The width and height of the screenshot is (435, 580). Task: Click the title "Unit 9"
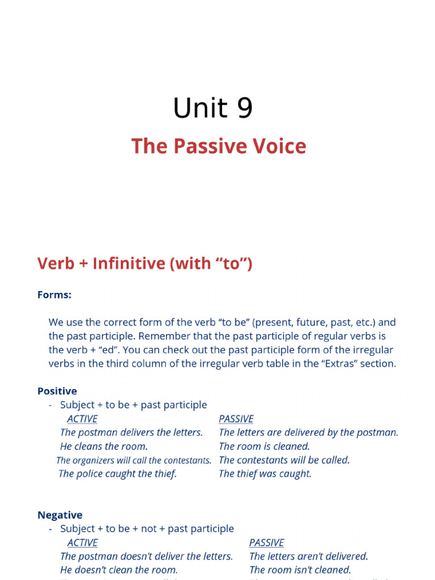212,108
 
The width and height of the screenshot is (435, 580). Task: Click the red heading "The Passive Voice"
219,146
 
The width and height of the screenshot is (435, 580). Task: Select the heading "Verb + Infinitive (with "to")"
144,263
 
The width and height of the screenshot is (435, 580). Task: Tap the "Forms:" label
54,295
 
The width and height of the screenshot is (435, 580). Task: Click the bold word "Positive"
57,391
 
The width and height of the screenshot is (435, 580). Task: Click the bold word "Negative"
60,515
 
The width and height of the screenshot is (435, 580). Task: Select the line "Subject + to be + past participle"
134,405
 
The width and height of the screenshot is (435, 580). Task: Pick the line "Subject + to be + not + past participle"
147,528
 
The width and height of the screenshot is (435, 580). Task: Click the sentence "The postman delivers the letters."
131,432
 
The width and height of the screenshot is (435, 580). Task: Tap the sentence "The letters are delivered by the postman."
308,432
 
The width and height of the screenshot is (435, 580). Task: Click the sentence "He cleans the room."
104,446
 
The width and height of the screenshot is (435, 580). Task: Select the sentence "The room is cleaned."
264,446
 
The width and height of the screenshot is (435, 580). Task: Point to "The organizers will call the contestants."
134,460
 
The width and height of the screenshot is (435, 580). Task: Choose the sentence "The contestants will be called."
284,460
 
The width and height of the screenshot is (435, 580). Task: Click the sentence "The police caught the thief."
118,474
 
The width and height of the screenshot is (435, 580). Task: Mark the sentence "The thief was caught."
265,474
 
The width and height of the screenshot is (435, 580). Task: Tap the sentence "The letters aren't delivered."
309,556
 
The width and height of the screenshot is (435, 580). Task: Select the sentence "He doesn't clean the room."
119,570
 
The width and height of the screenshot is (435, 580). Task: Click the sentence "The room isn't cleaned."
300,570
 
